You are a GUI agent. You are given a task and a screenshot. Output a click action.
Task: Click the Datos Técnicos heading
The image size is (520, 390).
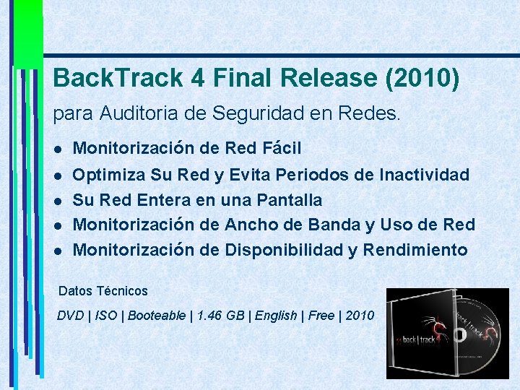[103, 291]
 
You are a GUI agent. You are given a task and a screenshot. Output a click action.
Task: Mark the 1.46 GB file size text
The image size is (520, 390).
[211, 316]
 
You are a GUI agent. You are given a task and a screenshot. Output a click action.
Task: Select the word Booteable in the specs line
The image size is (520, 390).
[157, 316]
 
